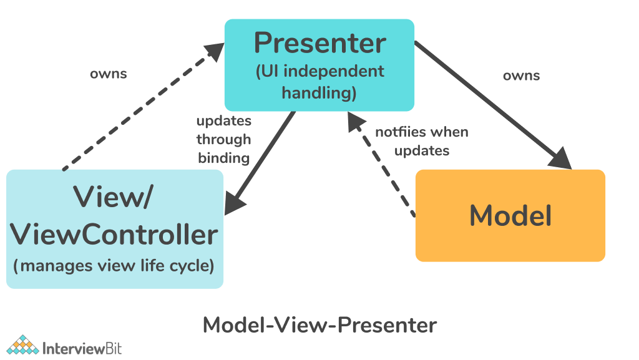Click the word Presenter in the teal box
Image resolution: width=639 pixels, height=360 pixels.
tap(319, 44)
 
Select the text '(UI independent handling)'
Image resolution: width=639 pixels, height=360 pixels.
tap(319, 82)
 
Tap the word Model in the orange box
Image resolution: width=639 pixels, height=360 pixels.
tap(510, 215)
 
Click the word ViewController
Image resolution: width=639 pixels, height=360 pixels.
tap(115, 235)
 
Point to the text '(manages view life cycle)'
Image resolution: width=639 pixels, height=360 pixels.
tap(114, 266)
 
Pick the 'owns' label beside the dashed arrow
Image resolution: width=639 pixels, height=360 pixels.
tap(108, 74)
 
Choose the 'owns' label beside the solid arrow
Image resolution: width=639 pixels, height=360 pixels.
tap(521, 76)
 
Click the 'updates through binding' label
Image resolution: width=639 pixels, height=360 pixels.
tap(223, 139)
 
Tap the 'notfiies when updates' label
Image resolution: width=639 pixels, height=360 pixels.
tap(422, 141)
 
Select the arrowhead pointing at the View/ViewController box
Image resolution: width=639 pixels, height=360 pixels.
tap(235, 204)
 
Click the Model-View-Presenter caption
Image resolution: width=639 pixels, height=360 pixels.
tap(319, 325)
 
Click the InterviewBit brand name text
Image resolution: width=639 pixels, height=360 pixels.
tap(82, 348)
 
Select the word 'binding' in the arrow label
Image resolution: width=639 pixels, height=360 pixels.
tap(223, 158)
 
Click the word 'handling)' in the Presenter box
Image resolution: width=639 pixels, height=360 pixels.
tap(319, 93)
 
